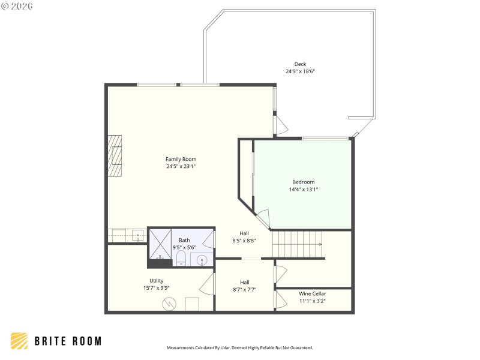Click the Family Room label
(x=181, y=159)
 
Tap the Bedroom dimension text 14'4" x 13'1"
(x=303, y=189)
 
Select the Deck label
(x=300, y=64)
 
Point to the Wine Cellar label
(x=313, y=293)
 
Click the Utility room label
(x=156, y=280)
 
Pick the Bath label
(x=184, y=240)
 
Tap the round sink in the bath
(x=202, y=260)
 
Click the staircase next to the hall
(x=297, y=244)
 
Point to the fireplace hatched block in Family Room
(x=115, y=156)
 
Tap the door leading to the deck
(x=280, y=124)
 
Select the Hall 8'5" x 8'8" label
(x=244, y=237)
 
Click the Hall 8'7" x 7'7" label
(x=244, y=286)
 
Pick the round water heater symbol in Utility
(x=170, y=304)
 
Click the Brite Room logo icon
(x=19, y=341)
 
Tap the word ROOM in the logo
(x=84, y=341)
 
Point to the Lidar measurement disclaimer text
(x=239, y=347)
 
